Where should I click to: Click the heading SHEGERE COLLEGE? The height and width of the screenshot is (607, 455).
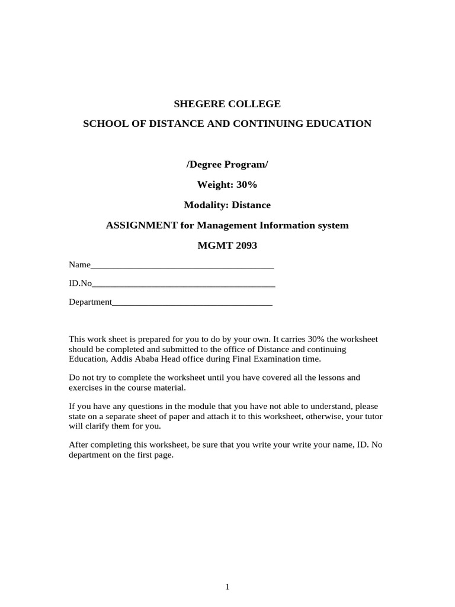click(227, 104)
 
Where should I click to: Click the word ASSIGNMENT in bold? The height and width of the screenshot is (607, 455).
click(142, 225)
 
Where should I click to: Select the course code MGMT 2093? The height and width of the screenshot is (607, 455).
click(227, 245)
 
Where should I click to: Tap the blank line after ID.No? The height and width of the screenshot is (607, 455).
click(184, 284)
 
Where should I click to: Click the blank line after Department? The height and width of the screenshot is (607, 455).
click(192, 302)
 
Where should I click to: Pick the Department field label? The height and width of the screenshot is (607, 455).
click(90, 302)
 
